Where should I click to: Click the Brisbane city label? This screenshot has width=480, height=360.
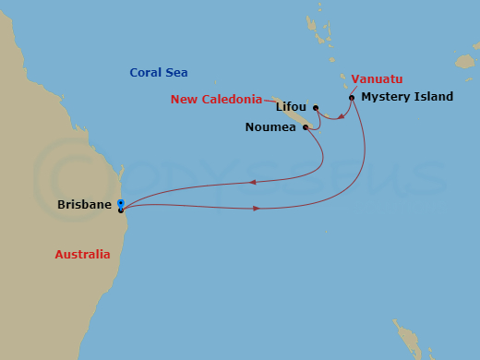tap(84, 204)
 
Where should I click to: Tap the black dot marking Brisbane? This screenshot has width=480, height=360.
tap(121, 210)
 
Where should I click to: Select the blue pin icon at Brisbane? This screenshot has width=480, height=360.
tap(121, 203)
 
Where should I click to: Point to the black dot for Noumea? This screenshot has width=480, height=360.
tap(305, 127)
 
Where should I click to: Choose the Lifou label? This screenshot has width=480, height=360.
tap(293, 108)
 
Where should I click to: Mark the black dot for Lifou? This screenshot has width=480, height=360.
tap(316, 108)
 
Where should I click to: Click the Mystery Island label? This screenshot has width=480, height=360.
tap(407, 97)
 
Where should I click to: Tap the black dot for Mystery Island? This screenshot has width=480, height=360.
tap(352, 97)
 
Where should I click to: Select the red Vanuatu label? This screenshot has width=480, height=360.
tap(378, 78)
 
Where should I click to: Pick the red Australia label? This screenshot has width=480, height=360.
tap(82, 254)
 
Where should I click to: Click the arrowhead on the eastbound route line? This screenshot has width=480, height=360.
tap(256, 208)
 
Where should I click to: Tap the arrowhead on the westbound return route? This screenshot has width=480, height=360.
tap(250, 182)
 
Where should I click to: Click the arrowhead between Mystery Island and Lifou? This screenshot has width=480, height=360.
tap(342, 117)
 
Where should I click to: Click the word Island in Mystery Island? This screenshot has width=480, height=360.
tap(433, 97)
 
